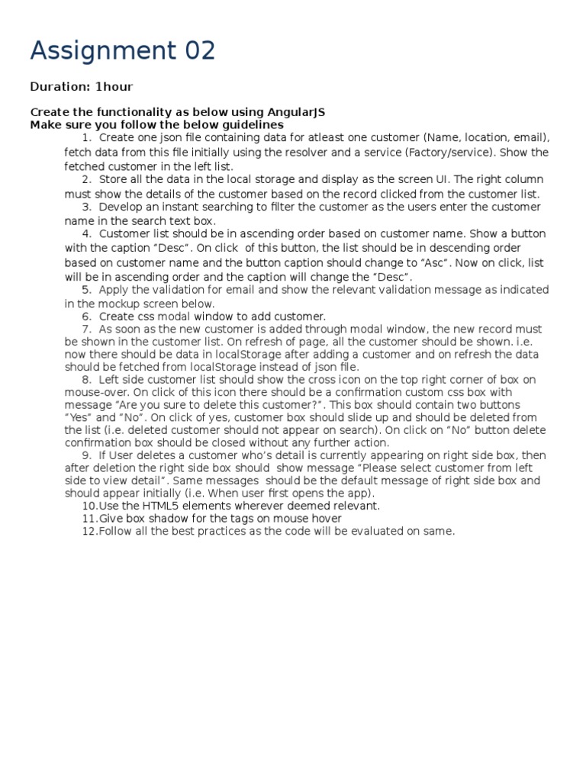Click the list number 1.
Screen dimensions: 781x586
pyautogui.click(x=86, y=138)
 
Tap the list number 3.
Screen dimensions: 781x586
pyautogui.click(x=86, y=207)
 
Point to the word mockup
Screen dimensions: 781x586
pyautogui.click(x=123, y=303)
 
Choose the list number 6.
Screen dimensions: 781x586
pyautogui.click(x=86, y=317)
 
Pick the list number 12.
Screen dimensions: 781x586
pyautogui.click(x=89, y=531)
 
